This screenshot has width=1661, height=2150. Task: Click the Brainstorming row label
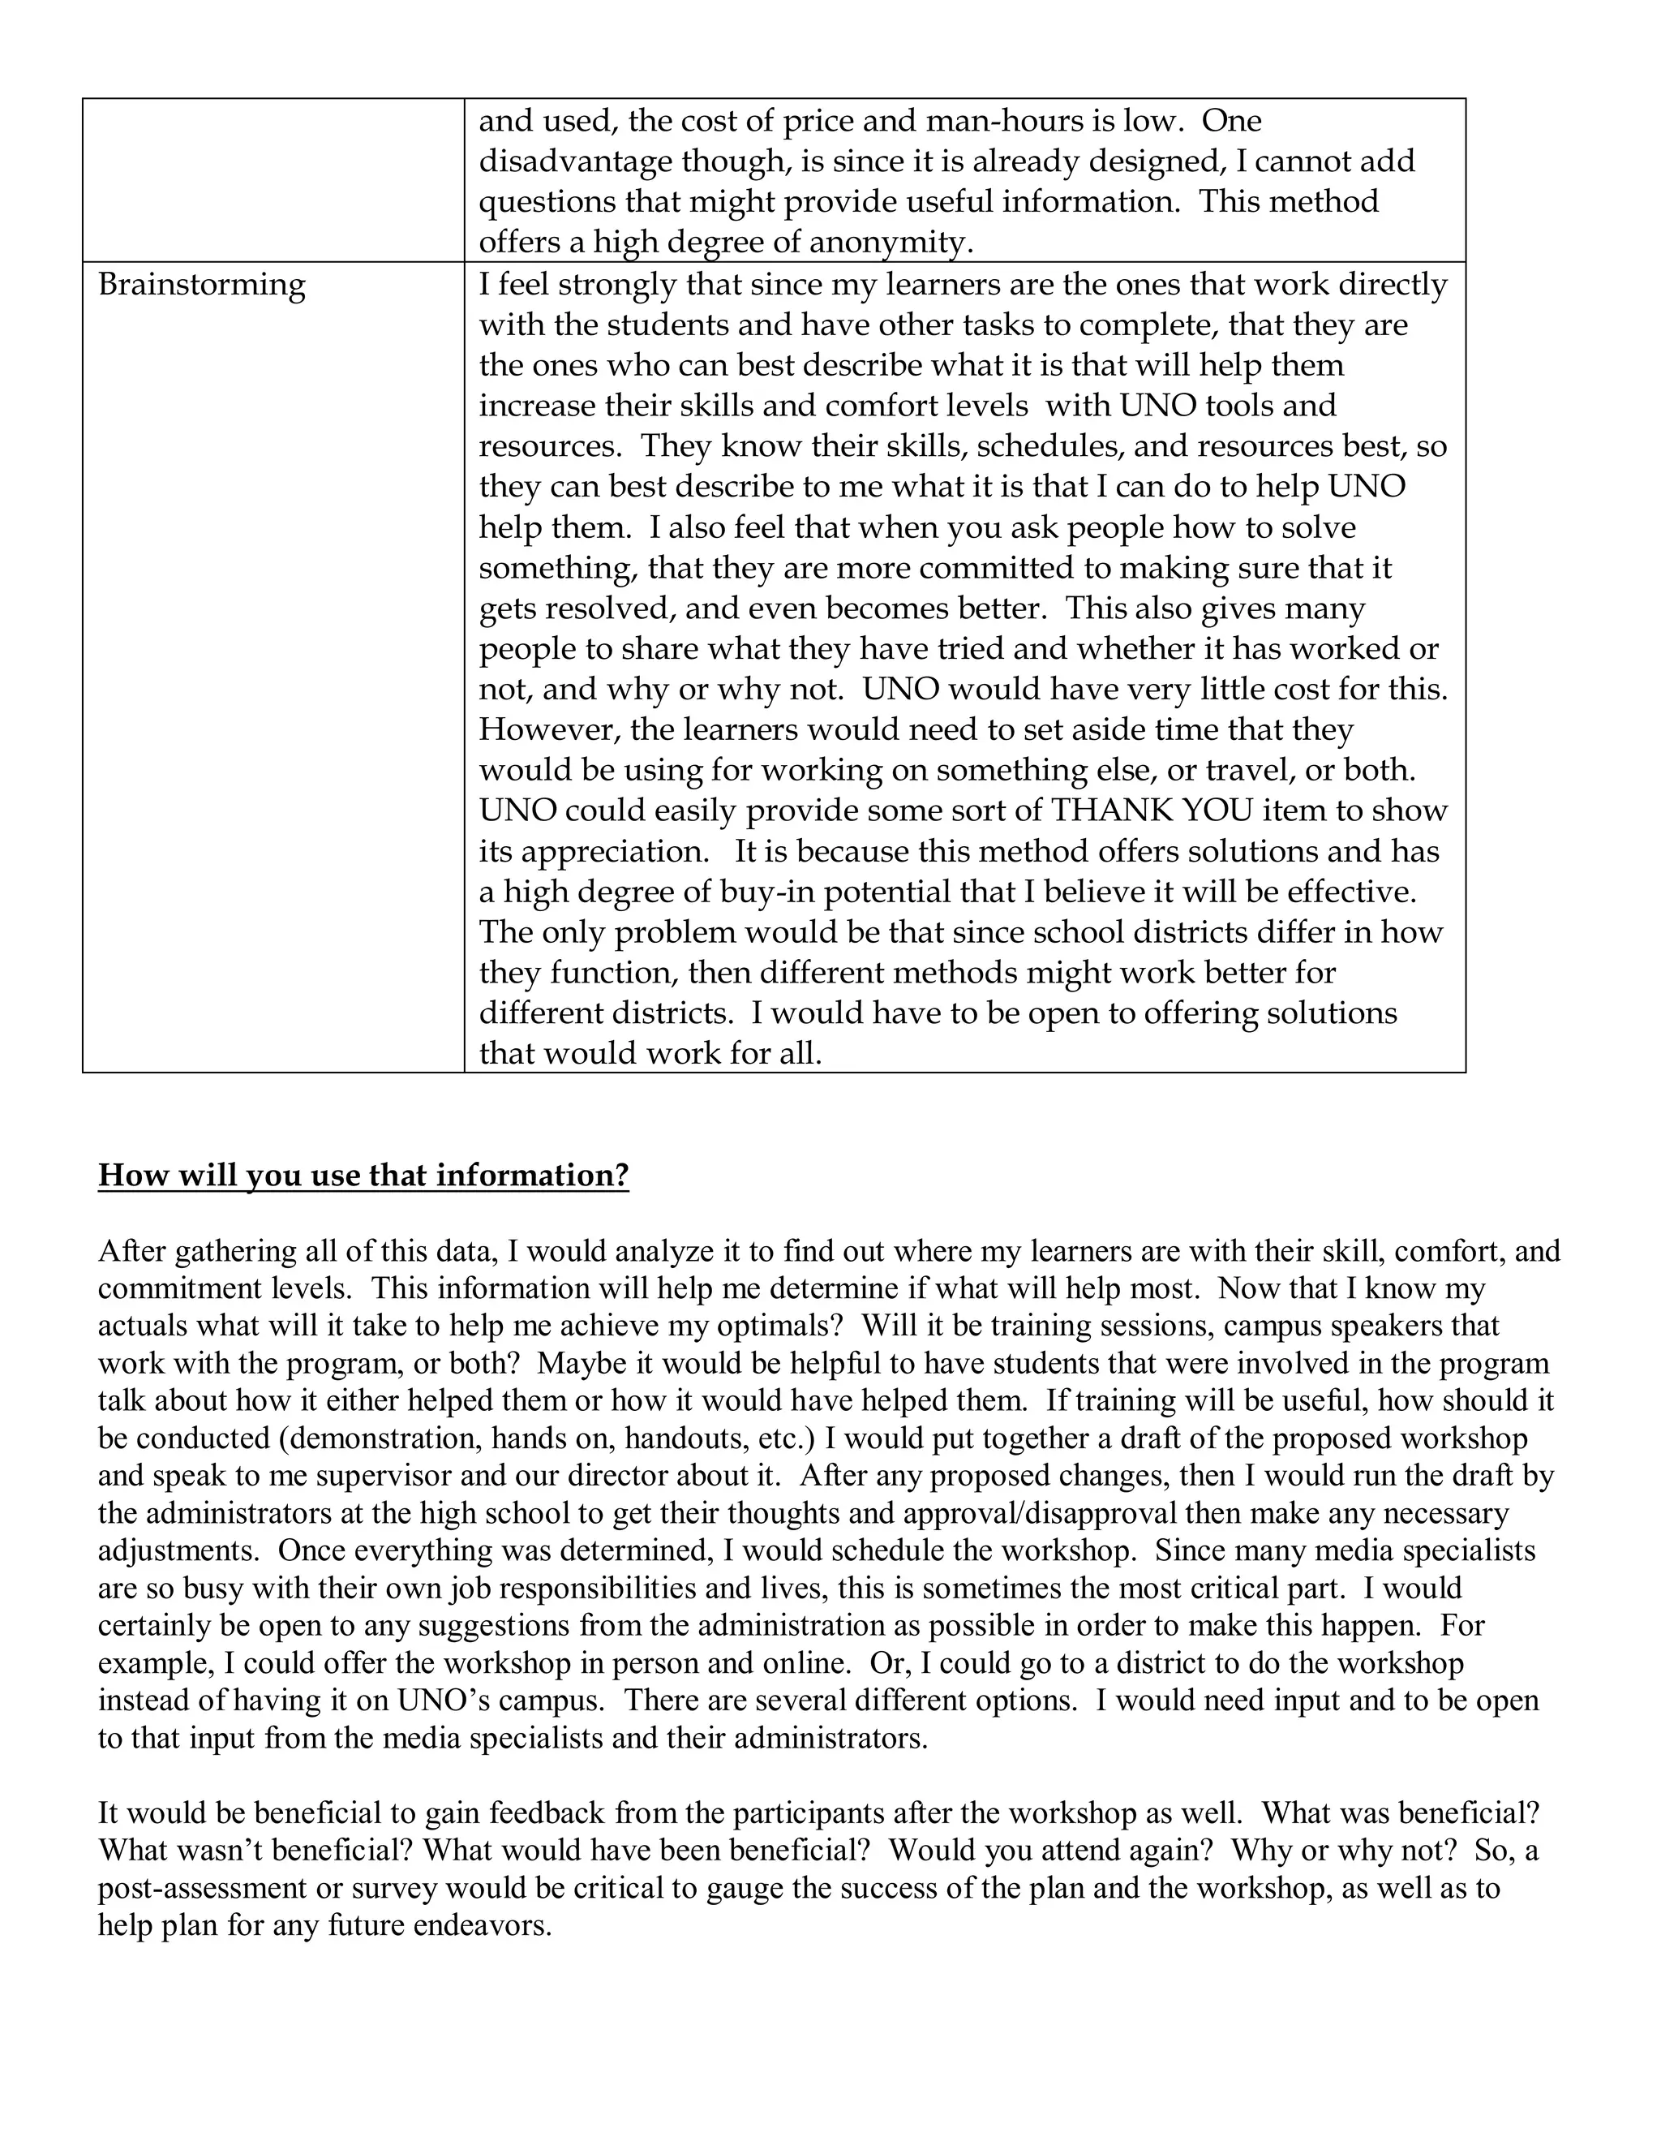(202, 285)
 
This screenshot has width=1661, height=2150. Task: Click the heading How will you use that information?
(363, 1176)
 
